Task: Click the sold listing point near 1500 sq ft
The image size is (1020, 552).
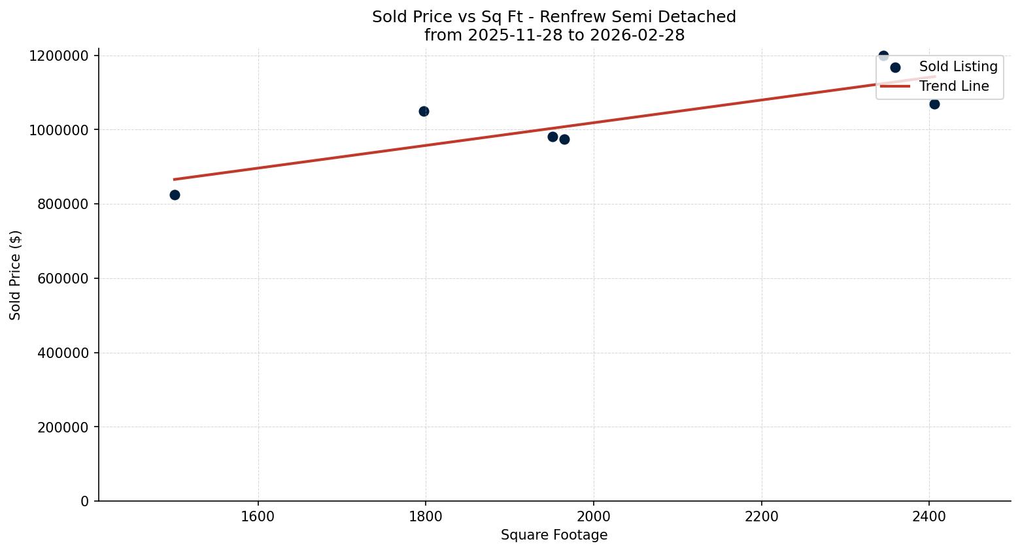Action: point(175,195)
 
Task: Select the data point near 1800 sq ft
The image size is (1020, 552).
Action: point(424,111)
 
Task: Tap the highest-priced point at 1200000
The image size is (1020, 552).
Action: point(883,56)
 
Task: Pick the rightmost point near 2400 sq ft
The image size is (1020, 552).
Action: point(934,104)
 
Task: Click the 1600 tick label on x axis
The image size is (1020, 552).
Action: point(258,516)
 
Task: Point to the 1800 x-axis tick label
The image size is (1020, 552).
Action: point(426,516)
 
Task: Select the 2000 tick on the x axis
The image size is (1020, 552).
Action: point(594,516)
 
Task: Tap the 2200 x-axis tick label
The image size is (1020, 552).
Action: point(762,516)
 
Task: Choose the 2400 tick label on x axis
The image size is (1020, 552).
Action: point(929,516)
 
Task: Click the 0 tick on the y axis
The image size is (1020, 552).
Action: point(84,501)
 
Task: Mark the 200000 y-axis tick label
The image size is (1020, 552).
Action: point(59,427)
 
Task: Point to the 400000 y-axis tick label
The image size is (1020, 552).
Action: point(59,353)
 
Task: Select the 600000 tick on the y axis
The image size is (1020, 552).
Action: point(59,278)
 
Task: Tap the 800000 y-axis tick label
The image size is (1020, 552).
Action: point(59,204)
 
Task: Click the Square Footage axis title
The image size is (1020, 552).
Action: point(554,536)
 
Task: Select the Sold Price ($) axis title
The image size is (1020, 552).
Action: point(16,275)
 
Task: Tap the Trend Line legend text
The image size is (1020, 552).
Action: point(954,86)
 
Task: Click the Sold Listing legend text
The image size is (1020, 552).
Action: point(958,67)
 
